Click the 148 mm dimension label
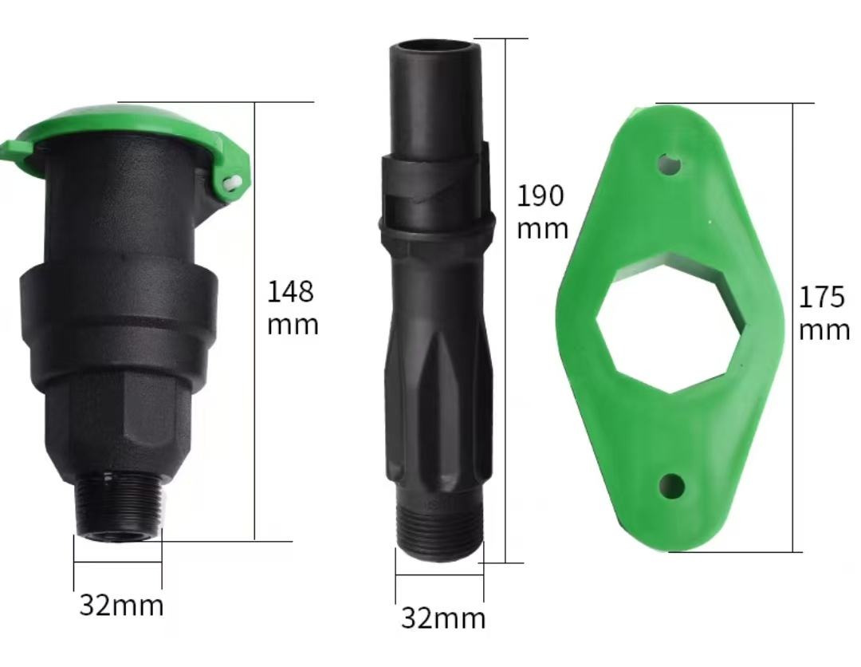point(292,308)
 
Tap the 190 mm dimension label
point(542,211)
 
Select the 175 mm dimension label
point(824,313)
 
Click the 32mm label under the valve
point(121,606)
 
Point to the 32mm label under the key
point(442,618)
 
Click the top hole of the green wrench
point(670,165)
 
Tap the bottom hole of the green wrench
point(672,484)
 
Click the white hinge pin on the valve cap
point(232,183)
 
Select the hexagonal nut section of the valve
point(120,415)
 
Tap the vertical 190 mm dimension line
point(505,399)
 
